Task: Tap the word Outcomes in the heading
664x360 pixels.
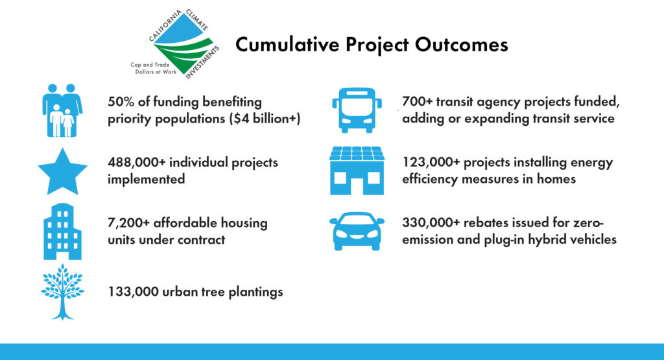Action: (461, 45)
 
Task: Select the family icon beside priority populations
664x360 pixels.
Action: (62, 110)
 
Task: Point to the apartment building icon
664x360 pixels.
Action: (62, 232)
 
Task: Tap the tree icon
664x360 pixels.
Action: (63, 292)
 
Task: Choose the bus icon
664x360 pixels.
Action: (357, 110)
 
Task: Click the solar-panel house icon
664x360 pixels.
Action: (357, 171)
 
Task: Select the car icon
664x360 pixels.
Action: (357, 232)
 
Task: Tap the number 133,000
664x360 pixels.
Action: (133, 292)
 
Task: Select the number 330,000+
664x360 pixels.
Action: (431, 222)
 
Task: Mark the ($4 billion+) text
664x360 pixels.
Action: (265, 119)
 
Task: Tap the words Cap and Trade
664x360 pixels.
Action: (150, 65)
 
